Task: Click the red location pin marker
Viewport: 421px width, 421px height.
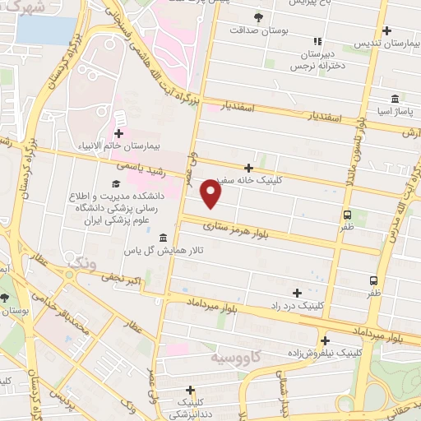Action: tap(212, 195)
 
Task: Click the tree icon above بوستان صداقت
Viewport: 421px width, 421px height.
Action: tap(261, 16)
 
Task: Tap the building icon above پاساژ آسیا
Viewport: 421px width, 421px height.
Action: tap(396, 99)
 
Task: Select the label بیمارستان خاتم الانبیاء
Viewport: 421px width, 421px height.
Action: tap(120, 146)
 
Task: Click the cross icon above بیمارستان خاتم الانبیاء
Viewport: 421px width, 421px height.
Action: tap(120, 133)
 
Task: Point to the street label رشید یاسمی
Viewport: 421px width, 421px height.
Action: tap(141, 167)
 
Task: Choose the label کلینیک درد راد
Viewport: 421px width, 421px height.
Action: tap(297, 305)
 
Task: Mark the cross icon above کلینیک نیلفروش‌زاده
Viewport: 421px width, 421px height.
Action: tap(326, 340)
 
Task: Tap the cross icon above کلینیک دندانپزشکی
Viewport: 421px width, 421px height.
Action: tap(190, 390)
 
